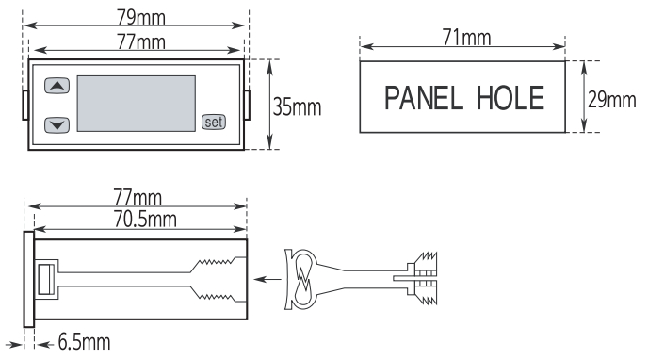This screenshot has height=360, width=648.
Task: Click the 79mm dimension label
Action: [141, 17]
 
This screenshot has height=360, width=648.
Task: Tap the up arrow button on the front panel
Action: [57, 86]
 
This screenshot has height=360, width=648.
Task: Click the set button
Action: [214, 122]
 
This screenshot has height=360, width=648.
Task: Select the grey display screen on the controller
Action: [137, 104]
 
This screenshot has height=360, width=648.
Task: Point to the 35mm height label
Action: [297, 107]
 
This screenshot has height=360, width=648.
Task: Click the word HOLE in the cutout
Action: [510, 98]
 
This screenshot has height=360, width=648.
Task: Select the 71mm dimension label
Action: [466, 38]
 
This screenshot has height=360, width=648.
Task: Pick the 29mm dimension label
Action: [612, 100]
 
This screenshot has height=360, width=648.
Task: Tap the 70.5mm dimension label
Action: [145, 219]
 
